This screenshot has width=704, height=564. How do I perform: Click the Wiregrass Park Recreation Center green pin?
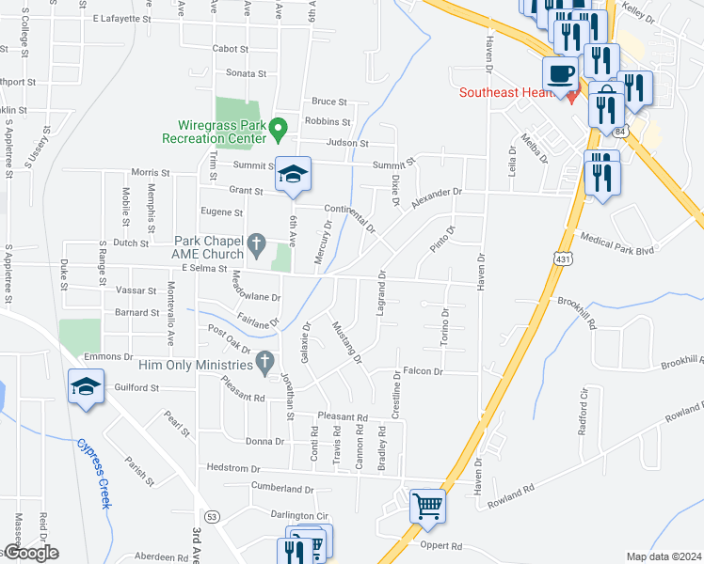point(278,126)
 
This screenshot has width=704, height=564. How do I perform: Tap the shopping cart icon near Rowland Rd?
point(427,506)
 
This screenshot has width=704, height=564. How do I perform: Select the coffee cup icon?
point(561,72)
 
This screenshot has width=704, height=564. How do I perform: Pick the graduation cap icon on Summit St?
point(293,173)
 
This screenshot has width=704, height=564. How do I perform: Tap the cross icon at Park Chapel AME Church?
point(254,245)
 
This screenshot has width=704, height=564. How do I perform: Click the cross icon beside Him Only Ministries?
point(265,362)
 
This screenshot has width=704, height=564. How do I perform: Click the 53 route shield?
point(212,517)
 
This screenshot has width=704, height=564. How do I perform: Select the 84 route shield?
point(617,133)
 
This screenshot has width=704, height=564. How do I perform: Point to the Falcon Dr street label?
point(423,371)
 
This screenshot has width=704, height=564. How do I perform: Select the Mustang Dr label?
point(346,341)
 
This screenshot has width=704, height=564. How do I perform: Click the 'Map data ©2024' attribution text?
point(663,556)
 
